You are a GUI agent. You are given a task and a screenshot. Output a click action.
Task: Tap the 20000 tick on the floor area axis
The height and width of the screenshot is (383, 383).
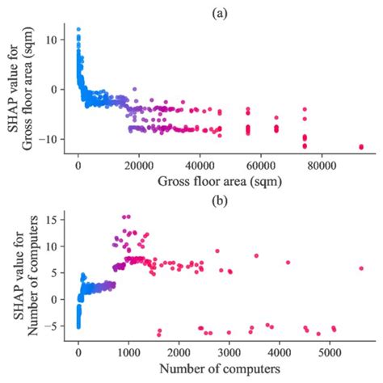click(139, 165)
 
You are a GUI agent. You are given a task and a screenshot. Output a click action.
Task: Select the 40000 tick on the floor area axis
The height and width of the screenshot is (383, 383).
click(200, 165)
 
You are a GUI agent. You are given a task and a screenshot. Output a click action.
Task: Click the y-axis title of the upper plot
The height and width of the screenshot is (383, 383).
click(23, 89)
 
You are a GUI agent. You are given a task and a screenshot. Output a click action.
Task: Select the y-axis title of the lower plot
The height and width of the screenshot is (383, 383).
click(23, 275)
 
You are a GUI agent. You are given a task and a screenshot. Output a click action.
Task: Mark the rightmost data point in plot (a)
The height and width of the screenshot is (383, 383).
click(360, 146)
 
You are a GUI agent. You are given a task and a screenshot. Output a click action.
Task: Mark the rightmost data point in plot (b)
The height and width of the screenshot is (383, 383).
click(360, 268)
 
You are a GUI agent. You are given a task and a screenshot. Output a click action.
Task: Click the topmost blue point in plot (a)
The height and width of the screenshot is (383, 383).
click(78, 29)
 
